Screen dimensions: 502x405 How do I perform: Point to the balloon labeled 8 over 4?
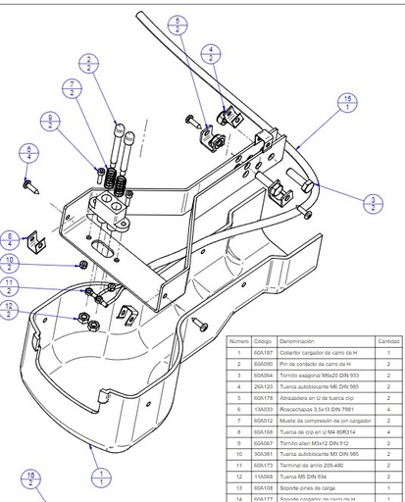click(10, 238)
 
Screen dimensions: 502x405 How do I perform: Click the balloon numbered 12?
click(10, 311)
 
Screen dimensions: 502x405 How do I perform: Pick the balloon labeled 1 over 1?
click(100, 477)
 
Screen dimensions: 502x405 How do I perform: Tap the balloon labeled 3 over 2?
click(374, 203)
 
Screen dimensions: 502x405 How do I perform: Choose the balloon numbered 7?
click(76, 88)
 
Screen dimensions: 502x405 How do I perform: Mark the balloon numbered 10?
click(10, 263)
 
